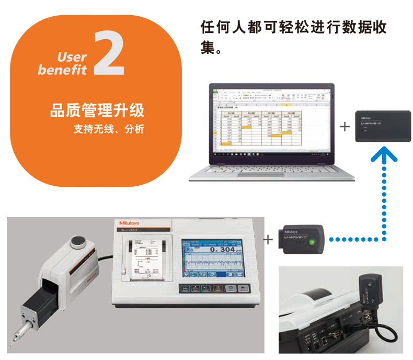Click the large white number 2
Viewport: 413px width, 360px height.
[x=109, y=53]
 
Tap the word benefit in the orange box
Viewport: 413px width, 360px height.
[x=62, y=70]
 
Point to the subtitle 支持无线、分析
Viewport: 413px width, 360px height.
[x=108, y=127]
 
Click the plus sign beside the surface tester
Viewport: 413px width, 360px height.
[x=268, y=240]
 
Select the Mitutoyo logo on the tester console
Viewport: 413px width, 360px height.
[x=127, y=226]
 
